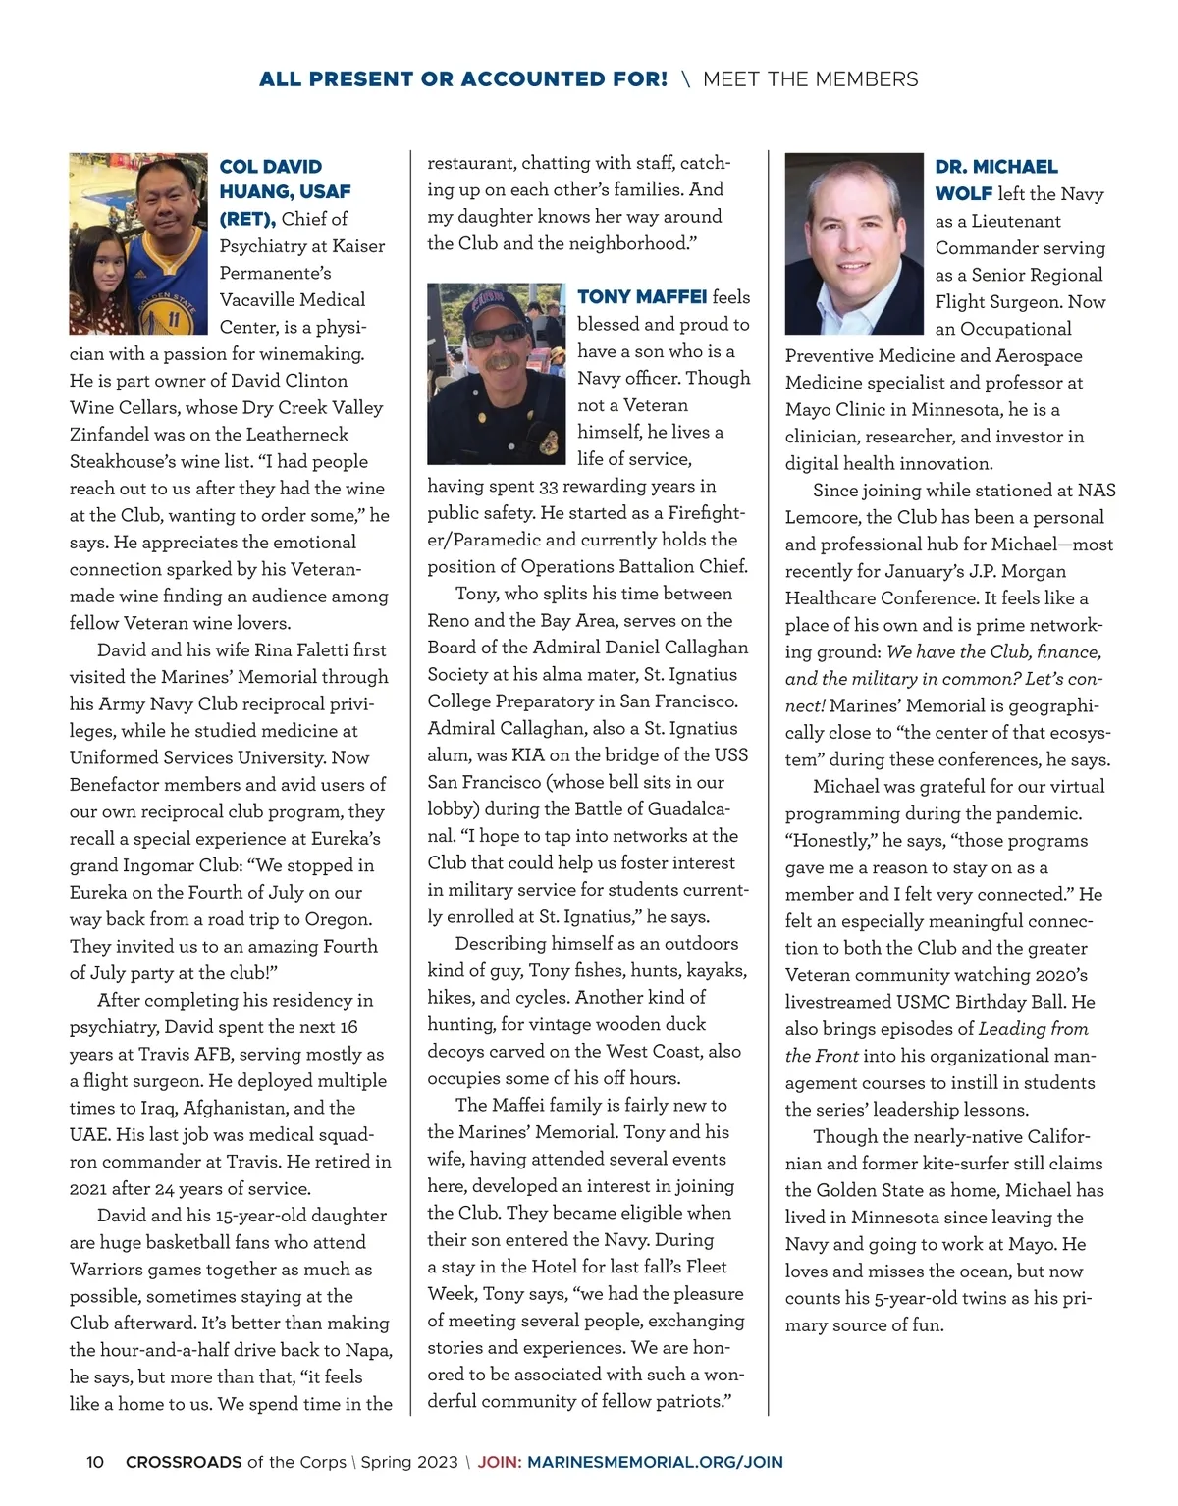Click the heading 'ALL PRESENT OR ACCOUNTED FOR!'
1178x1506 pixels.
coord(462,79)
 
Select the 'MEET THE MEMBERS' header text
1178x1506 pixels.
coord(811,79)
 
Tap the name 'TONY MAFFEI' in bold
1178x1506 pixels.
coord(642,297)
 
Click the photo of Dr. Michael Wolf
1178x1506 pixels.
coord(854,243)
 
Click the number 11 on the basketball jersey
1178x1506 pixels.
coord(173,317)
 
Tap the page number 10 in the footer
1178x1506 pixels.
coord(95,1462)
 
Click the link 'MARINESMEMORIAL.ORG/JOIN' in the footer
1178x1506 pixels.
coord(655,1462)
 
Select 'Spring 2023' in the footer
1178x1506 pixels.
coord(409,1462)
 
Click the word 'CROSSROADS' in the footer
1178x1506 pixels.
coord(184,1462)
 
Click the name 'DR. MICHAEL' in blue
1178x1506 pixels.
coord(996,167)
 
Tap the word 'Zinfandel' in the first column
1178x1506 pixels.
coord(111,435)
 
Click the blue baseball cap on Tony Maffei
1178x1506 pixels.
coord(497,301)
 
